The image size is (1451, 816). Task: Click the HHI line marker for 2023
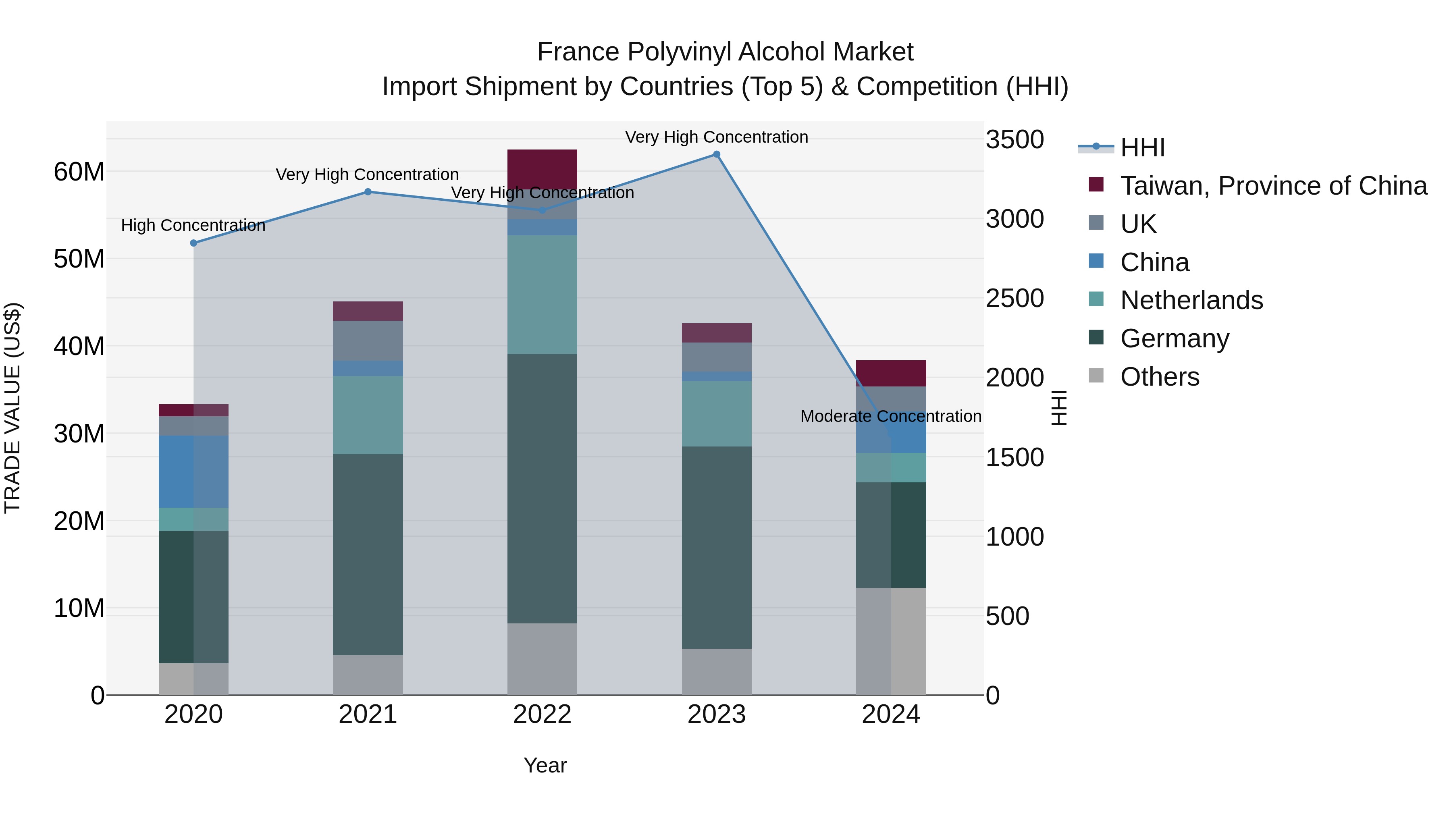[717, 154]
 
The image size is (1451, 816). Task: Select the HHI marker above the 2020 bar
[194, 243]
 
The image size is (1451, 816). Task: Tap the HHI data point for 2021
[368, 192]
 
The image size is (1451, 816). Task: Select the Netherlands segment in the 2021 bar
[368, 415]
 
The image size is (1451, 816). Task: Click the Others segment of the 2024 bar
[891, 642]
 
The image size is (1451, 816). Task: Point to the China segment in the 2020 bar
[194, 471]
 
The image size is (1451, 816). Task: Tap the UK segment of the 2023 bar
[717, 357]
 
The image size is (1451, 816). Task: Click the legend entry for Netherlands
[1191, 300]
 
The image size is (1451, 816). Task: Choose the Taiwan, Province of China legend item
[1273, 186]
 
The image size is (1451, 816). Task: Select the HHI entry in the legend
[1142, 147]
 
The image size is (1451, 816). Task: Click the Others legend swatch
[1096, 376]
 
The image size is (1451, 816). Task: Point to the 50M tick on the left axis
[79, 259]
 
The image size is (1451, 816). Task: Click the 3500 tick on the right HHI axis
[1014, 140]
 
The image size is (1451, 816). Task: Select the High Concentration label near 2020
[193, 226]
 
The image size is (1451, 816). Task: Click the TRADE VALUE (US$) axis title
[12, 408]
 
